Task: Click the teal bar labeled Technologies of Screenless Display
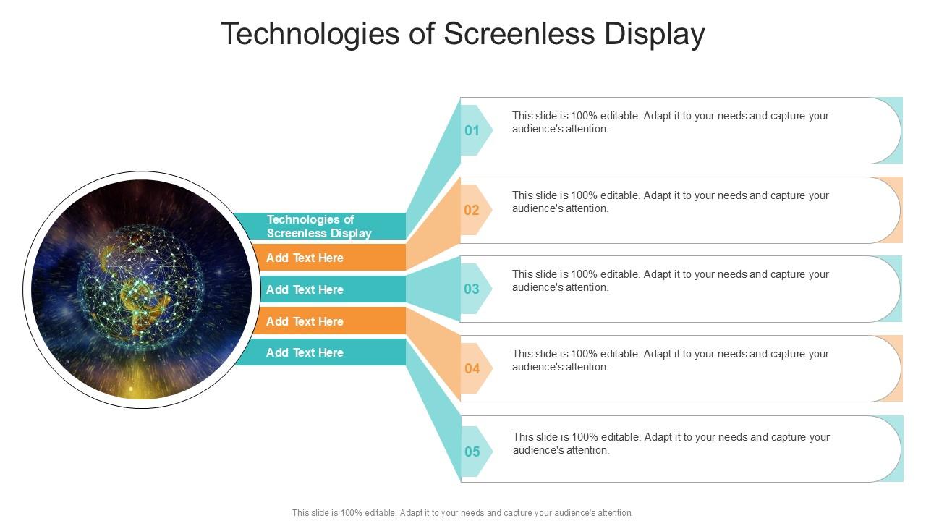(319, 226)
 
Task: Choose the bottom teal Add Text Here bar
(318, 352)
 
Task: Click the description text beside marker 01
(670, 122)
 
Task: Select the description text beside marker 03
(670, 281)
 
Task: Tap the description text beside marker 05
(671, 444)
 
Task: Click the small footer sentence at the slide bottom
(462, 512)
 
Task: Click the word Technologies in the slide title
(313, 34)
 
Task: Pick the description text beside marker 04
(670, 360)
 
